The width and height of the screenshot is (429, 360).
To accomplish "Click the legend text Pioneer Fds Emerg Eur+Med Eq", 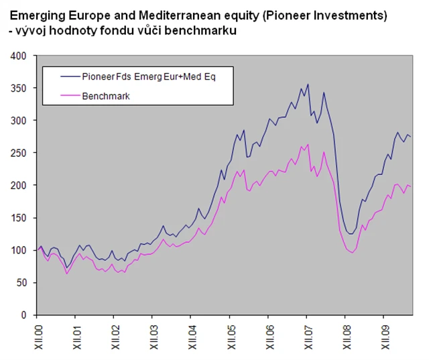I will coord(148,77).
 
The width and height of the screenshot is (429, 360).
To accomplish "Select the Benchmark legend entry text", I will coord(105,96).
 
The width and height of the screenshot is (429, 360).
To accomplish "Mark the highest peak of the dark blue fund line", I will coord(308,84).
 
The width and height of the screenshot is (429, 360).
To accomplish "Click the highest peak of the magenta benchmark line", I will coord(308,143).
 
